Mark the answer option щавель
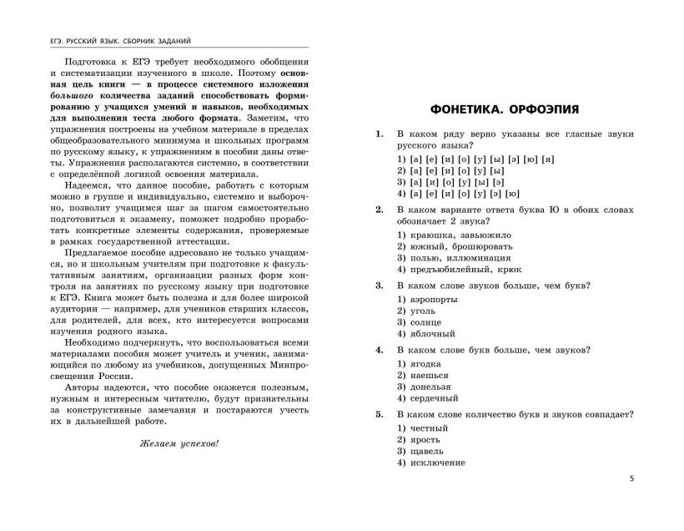(x=421, y=451)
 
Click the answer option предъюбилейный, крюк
(x=459, y=269)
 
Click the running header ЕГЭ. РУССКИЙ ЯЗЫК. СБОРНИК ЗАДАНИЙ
(x=122, y=39)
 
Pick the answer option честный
(x=423, y=427)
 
